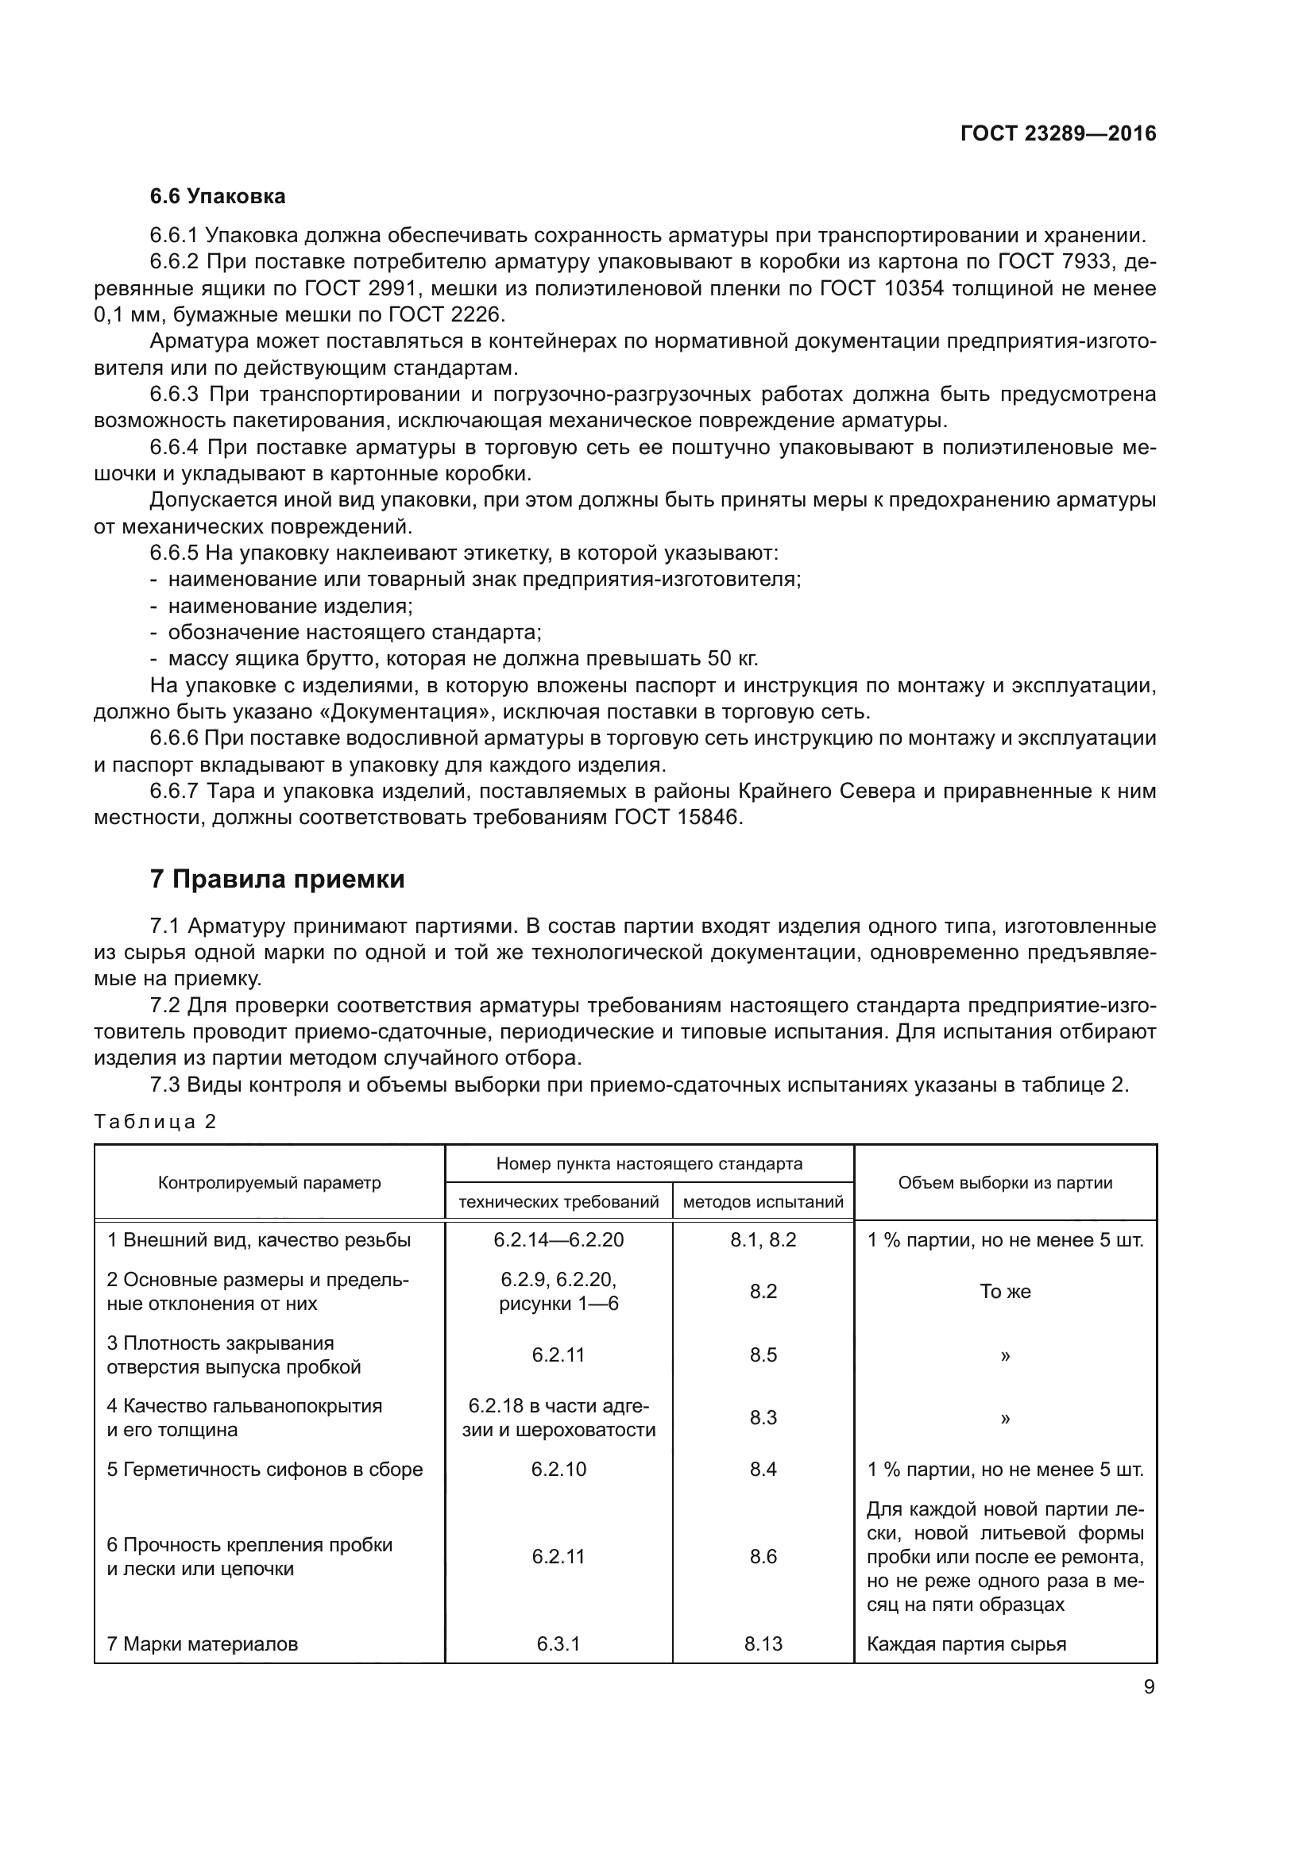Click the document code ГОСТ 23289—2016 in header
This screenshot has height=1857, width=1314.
coord(1058,133)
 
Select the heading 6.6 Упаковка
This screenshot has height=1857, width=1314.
coord(218,196)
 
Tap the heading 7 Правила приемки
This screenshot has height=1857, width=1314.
coord(276,879)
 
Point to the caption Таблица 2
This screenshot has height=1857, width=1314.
coord(156,1122)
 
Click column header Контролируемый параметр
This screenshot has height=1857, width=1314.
coord(269,1182)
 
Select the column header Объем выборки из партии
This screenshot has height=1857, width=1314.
coord(1005,1182)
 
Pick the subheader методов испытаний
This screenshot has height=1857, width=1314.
coord(763,1202)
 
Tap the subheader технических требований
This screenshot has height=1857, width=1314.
coord(558,1202)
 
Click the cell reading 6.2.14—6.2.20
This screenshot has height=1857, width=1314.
coord(558,1240)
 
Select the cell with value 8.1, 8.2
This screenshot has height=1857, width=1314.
coord(763,1240)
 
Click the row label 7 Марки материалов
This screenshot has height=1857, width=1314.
coord(203,1643)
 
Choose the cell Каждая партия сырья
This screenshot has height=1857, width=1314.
coord(966,1643)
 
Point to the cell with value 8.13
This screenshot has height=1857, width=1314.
coord(763,1643)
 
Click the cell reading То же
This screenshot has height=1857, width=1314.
coord(1005,1292)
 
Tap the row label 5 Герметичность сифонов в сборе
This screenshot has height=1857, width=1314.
coord(265,1469)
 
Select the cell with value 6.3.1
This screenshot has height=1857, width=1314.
coord(558,1643)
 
